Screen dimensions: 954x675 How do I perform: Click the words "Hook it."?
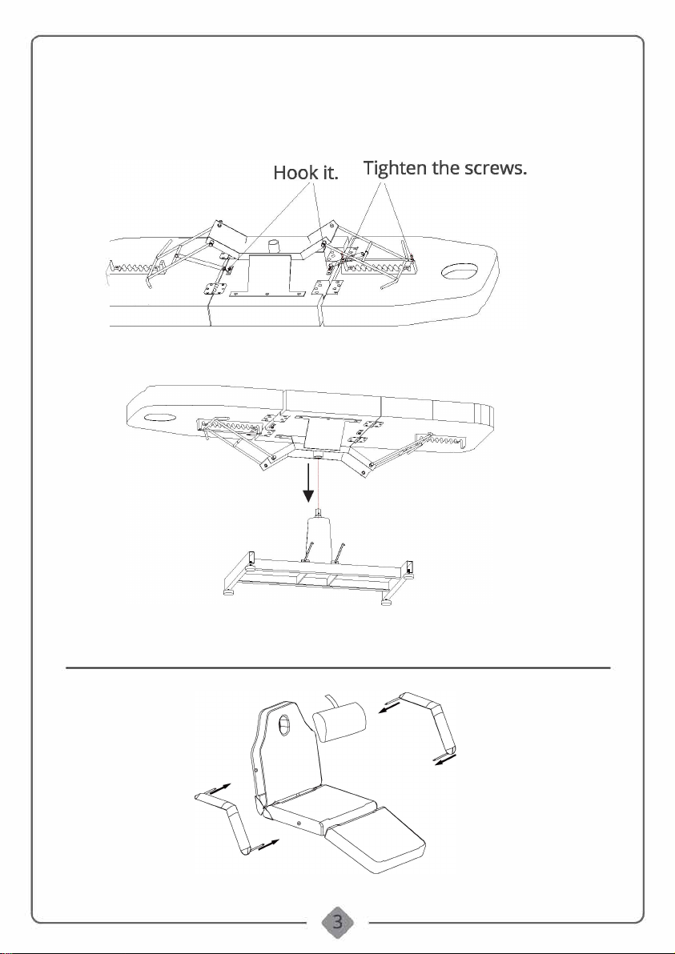(307, 173)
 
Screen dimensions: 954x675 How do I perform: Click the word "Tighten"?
(398, 169)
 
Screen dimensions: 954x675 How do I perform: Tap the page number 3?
(337, 921)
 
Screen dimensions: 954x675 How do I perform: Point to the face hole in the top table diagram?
(457, 273)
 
